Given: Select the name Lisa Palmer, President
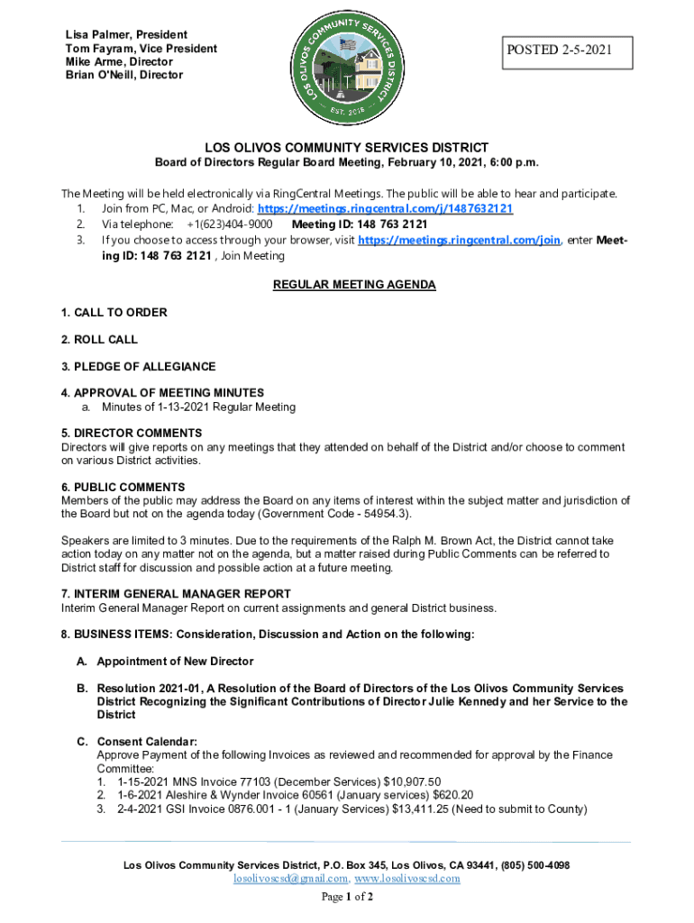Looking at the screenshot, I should [120, 34].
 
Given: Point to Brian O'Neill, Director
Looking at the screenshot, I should [123, 75].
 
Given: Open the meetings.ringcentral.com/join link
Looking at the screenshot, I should [460, 240].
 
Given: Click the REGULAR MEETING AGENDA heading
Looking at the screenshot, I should [354, 285].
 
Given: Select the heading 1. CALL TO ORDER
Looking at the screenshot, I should [114, 313].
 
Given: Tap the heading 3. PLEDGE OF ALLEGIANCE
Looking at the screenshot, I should [138, 367].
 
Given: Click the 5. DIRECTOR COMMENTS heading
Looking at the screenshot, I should [132, 433].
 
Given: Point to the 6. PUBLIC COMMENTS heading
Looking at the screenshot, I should [123, 488].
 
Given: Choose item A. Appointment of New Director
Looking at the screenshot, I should [165, 662].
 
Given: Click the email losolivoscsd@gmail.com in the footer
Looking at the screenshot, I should [290, 878].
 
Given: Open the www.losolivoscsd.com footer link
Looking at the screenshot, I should [407, 878].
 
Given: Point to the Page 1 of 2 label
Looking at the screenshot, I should [347, 898].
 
